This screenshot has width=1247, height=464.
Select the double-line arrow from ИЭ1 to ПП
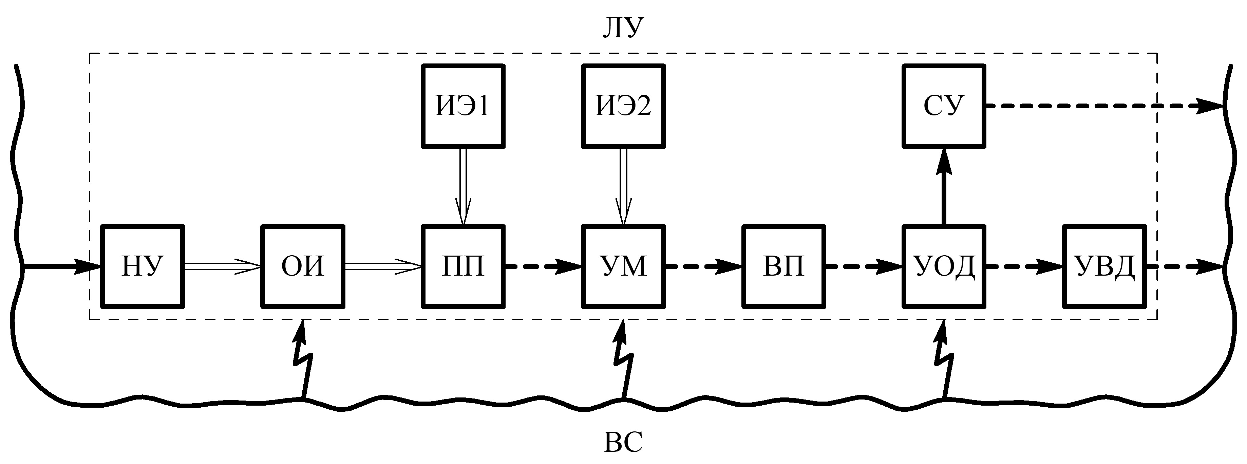pos(463,186)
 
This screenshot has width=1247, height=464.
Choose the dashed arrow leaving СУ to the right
pos(1104,106)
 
